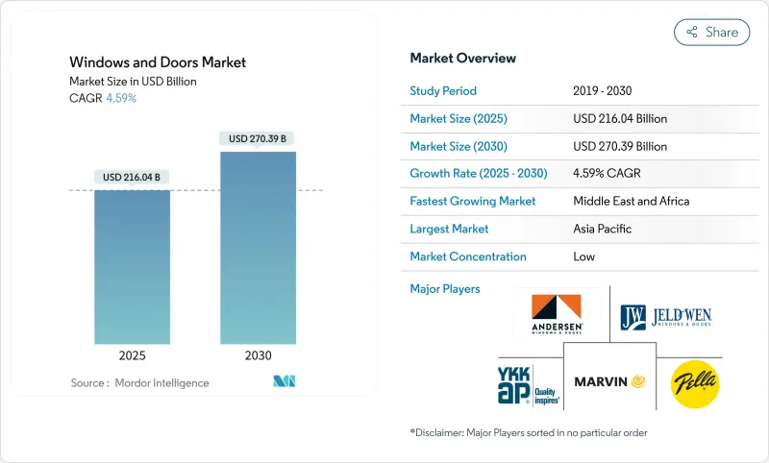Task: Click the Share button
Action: coord(711,32)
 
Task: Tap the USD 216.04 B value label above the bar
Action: coord(133,177)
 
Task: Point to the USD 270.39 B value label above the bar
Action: coord(259,138)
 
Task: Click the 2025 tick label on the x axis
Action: coord(133,354)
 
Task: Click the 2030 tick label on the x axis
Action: coord(258,354)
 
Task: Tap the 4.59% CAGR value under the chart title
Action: coord(120,98)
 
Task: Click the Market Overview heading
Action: coord(463,59)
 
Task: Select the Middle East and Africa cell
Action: coord(632,201)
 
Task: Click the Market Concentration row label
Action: coord(468,256)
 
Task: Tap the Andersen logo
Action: coord(558,314)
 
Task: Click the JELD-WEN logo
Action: coord(667,314)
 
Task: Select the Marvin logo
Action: coord(608,381)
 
